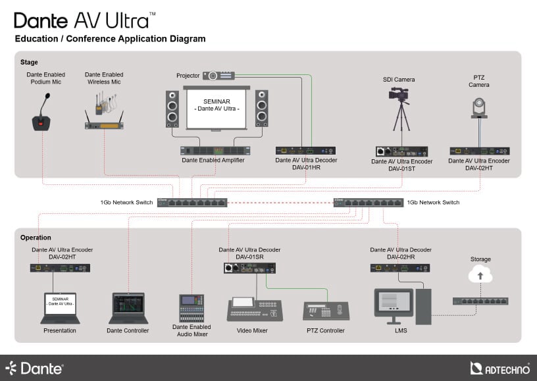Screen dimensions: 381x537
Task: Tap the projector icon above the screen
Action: point(219,76)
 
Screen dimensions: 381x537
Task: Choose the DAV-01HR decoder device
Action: point(306,151)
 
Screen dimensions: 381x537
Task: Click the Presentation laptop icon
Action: point(60,308)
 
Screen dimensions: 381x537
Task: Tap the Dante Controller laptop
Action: point(128,308)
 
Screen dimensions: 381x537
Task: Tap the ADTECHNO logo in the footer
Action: point(500,368)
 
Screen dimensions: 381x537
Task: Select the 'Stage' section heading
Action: point(29,62)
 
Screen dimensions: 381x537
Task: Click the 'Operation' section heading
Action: point(36,238)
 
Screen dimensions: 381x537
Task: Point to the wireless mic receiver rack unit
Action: point(104,125)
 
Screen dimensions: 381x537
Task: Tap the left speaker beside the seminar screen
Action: point(172,109)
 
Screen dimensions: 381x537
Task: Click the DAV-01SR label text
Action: point(249,257)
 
